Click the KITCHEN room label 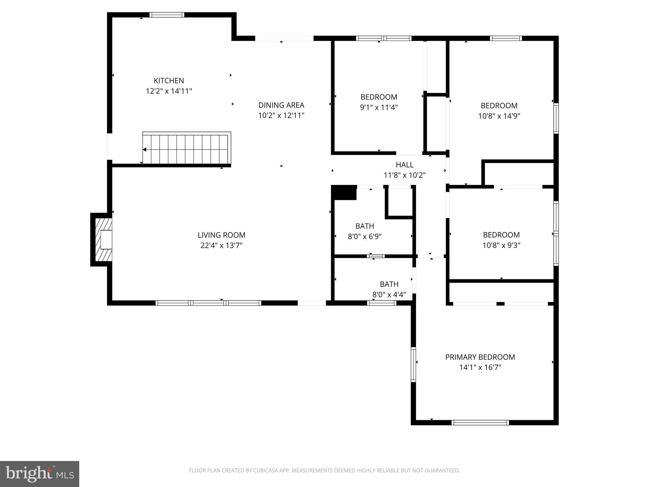(x=169, y=81)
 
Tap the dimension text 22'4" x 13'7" (x=221, y=245)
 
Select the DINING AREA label (x=281, y=105)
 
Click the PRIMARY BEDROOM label (x=480, y=357)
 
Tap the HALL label (x=404, y=165)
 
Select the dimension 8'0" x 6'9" (x=364, y=237)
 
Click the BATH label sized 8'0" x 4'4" (x=389, y=284)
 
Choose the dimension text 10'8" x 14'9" (x=499, y=116)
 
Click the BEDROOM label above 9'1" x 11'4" (x=378, y=97)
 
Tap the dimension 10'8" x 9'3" (x=501, y=245)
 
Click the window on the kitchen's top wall (x=167, y=15)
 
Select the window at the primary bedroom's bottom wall (x=480, y=422)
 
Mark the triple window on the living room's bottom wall (x=208, y=303)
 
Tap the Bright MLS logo (x=39, y=474)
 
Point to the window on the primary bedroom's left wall (x=413, y=364)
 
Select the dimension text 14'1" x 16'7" (x=480, y=367)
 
